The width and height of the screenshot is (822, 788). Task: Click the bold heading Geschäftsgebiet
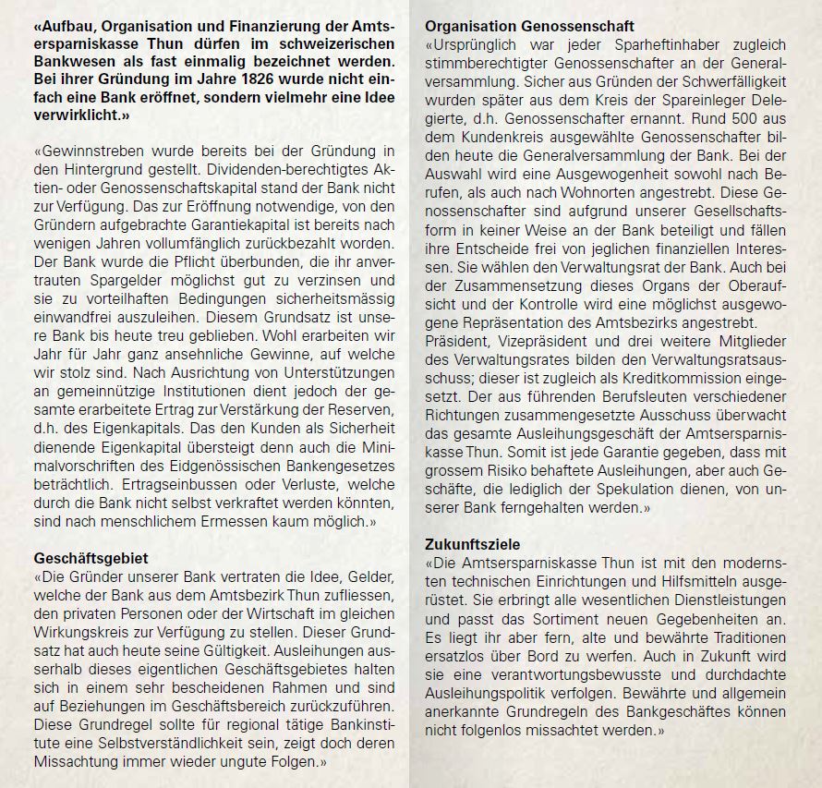click(91, 559)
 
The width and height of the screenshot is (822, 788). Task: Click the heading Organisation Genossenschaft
click(530, 26)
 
